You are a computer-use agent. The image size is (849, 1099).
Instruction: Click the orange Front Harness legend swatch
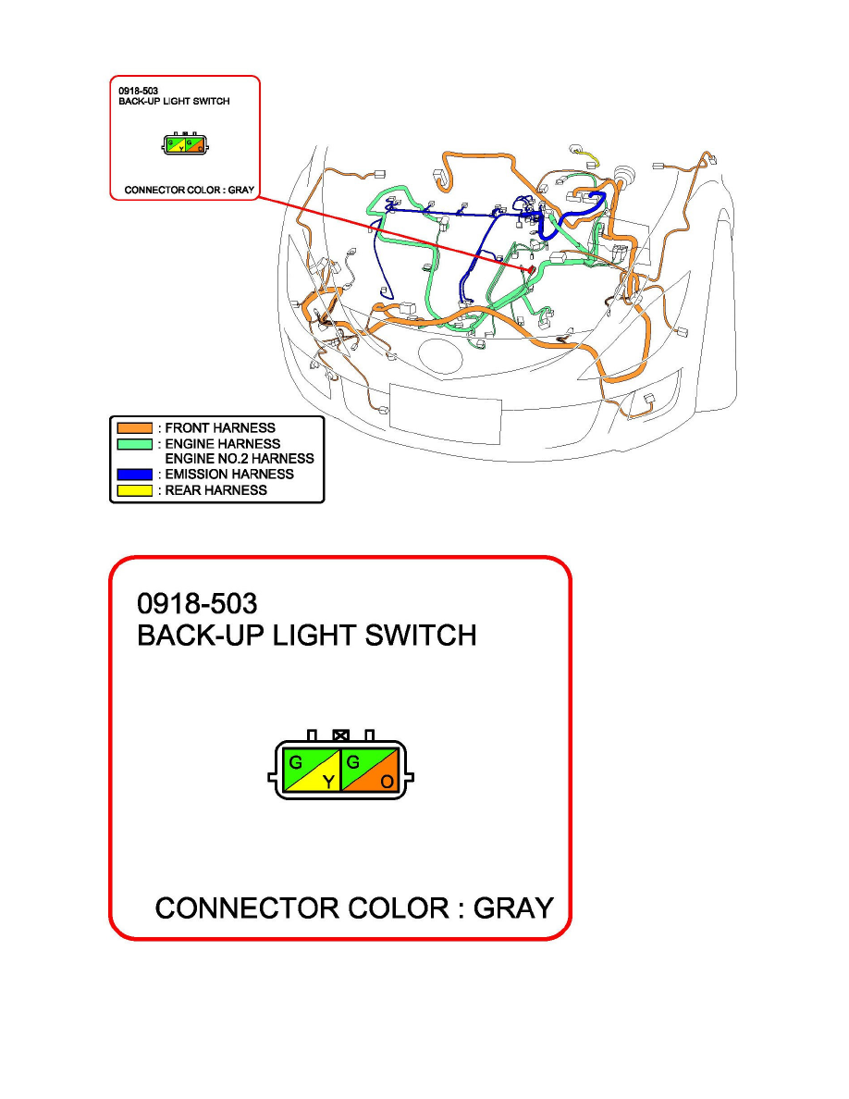coord(134,427)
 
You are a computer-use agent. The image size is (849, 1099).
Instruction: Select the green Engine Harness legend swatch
coord(134,444)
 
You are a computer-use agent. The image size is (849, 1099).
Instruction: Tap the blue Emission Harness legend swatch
coord(134,475)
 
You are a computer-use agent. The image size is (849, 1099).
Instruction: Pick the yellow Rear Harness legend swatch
coord(134,490)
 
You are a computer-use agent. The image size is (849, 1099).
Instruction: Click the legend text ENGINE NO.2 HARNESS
coord(240,459)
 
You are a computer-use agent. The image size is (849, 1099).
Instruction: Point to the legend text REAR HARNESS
coord(215,490)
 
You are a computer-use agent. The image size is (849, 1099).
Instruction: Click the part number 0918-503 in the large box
coord(197,603)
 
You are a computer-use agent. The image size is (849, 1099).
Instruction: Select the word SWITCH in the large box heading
coord(420,635)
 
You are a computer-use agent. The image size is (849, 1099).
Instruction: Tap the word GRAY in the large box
coord(513,908)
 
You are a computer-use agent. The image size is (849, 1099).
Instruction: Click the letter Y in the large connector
coord(327,782)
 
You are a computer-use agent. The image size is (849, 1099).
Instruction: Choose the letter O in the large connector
coord(387,782)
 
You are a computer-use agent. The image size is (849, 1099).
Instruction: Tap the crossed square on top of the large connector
coord(340,735)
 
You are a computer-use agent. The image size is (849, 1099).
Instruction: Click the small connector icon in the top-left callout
coord(185,143)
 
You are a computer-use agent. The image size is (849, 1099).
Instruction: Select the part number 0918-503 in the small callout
coord(138,91)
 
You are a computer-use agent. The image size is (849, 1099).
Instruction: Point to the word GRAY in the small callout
coord(241,190)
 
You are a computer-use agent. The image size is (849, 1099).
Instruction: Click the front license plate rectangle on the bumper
coord(446,414)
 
